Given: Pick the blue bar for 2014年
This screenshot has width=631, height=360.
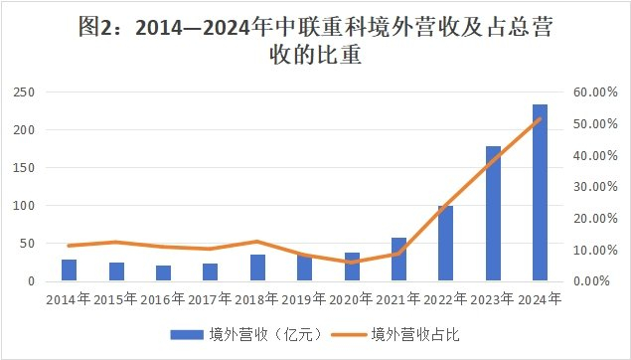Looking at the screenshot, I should click(69, 270).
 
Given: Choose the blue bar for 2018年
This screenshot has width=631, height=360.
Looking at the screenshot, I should click(257, 268).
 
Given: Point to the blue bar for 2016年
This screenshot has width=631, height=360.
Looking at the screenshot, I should click(163, 273).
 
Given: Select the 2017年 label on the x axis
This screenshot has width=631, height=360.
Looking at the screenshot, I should click(210, 297).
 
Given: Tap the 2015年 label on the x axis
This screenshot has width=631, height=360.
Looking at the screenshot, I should click(115, 297).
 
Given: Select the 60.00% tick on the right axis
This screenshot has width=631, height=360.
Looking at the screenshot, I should click(596, 92).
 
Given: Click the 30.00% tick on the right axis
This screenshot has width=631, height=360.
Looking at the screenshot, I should click(596, 187).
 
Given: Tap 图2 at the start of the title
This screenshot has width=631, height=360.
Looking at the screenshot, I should click(95, 29).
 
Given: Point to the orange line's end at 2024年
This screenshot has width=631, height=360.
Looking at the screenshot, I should click(540, 118).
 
